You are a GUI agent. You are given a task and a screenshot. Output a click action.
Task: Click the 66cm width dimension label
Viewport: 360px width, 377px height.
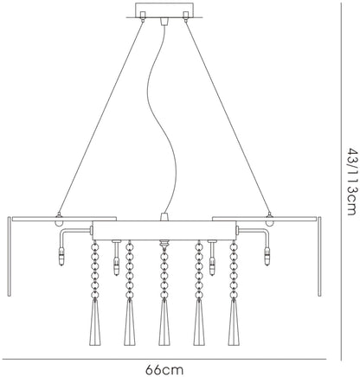(x=164, y=369)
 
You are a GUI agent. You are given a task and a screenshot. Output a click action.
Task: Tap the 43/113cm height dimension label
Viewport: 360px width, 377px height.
(x=352, y=182)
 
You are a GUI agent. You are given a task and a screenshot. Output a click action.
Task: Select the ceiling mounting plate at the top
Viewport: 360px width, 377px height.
(x=164, y=10)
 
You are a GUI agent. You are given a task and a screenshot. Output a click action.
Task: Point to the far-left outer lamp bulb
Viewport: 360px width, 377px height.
(x=61, y=257)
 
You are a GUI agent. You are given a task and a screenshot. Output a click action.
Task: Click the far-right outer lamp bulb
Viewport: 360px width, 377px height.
(x=267, y=257)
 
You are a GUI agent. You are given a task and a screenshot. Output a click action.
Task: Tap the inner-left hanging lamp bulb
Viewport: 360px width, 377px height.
(x=116, y=266)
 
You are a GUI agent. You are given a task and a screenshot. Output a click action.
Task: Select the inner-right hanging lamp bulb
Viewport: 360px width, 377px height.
(x=212, y=266)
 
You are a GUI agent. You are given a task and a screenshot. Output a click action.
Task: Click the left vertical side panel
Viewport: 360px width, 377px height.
(x=10, y=256)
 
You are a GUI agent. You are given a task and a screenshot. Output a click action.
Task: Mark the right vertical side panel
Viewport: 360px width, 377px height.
(x=319, y=256)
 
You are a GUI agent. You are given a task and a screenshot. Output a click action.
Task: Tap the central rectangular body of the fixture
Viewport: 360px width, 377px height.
(x=164, y=231)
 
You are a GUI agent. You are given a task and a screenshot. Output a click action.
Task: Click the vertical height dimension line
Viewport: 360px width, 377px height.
(x=341, y=182)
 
